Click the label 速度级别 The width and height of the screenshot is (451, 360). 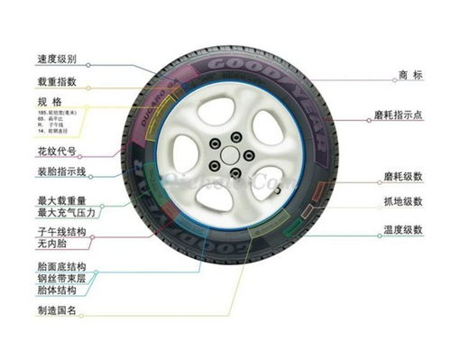(x=57, y=60)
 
